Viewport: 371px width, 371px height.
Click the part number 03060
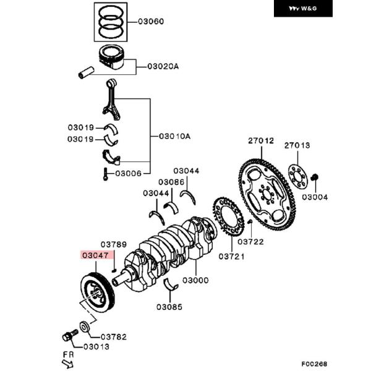tap(151, 22)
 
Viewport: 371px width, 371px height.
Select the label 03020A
tap(162, 66)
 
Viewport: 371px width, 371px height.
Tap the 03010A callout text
tap(175, 136)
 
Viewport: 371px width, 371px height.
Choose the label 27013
tap(297, 145)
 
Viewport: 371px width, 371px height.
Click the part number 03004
tap(315, 197)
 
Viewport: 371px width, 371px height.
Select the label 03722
tap(250, 242)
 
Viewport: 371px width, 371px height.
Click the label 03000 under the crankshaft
tap(195, 279)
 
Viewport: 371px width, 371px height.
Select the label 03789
tap(114, 245)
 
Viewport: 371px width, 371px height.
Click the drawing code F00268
tap(315, 365)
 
